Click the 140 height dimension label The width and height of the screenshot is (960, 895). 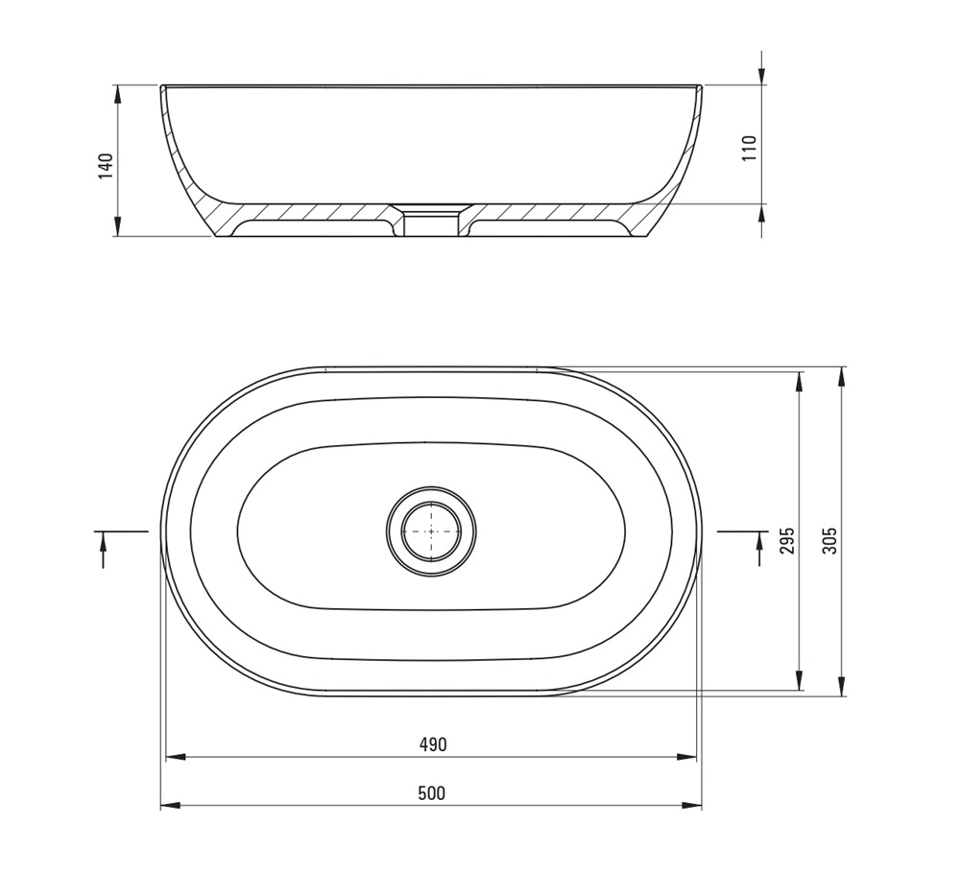coord(106,166)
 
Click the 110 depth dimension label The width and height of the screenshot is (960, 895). coord(750,148)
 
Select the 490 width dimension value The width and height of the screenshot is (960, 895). coord(433,743)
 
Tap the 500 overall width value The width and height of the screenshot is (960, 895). coord(432,792)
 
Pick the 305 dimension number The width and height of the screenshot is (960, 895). coord(829,540)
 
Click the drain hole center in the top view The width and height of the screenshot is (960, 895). coord(432,531)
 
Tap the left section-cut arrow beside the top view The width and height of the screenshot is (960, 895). coord(103,550)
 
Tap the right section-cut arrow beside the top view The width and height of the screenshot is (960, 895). coord(759,549)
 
